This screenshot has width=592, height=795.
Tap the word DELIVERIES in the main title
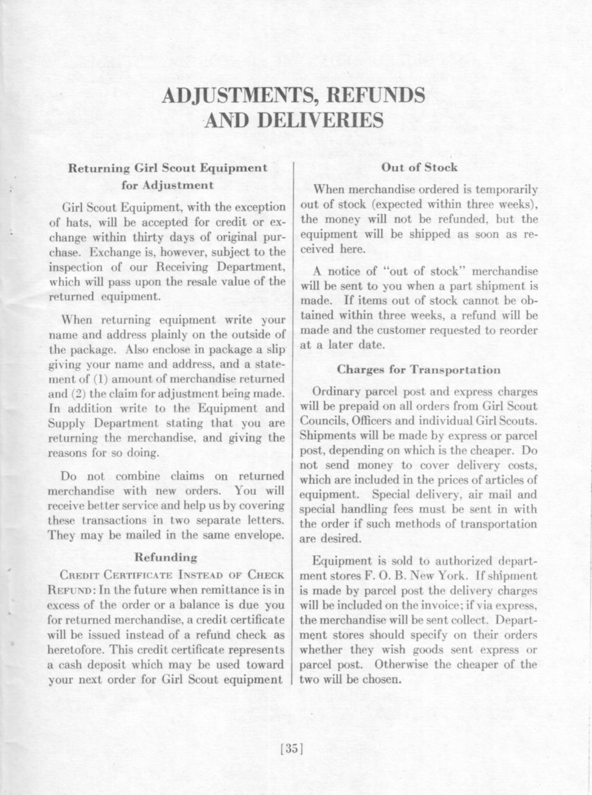[x=321, y=121]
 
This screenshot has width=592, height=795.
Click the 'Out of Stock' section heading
[x=419, y=167]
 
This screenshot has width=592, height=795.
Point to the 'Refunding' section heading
[x=166, y=557]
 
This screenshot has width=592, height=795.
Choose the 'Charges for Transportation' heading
[x=418, y=370]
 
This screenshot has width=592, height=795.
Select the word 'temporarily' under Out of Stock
[x=506, y=190]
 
